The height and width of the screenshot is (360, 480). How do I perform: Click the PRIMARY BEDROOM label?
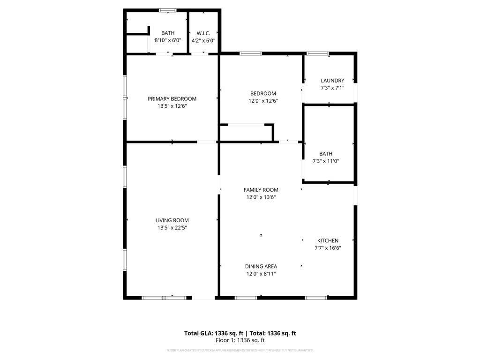tap(172, 98)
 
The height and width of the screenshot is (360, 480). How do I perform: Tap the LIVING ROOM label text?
tap(172, 220)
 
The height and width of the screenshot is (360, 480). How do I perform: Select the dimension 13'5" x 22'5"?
tap(172, 228)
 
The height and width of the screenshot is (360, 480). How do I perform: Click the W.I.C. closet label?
tap(203, 33)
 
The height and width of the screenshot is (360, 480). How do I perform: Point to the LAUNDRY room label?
tap(332, 81)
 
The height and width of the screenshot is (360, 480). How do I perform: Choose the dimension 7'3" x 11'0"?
tap(326, 161)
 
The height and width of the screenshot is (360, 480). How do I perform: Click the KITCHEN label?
tap(328, 240)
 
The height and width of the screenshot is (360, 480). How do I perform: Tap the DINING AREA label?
tap(261, 266)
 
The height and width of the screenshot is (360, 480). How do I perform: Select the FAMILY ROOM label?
tap(261, 190)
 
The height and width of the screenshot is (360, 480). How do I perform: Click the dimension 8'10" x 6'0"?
tap(168, 41)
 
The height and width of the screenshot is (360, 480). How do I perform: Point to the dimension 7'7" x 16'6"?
tap(328, 248)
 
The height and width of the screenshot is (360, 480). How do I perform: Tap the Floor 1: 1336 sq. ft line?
tap(240, 340)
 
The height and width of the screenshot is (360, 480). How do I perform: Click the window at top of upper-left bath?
tap(167, 10)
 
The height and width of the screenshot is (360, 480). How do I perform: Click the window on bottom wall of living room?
tap(164, 297)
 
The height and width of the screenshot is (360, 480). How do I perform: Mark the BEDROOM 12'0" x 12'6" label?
tap(263, 97)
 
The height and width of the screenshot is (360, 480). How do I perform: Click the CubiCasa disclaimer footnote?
tap(240, 350)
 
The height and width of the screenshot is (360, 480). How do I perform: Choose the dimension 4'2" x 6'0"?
tap(203, 41)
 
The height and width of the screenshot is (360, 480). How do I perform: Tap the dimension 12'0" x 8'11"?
tap(261, 274)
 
